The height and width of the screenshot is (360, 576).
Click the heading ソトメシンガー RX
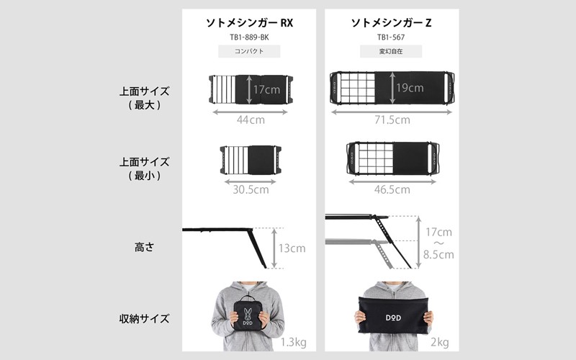pyautogui.click(x=249, y=23)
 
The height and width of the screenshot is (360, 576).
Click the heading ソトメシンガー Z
pyautogui.click(x=391, y=23)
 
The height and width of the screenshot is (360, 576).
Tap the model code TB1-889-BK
pyautogui.click(x=249, y=37)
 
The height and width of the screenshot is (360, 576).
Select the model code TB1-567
pyautogui.click(x=391, y=37)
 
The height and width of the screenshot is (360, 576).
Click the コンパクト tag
pyautogui.click(x=249, y=51)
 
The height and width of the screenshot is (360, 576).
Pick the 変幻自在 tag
pyautogui.click(x=391, y=51)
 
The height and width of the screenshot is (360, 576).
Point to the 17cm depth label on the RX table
pyautogui.click(x=266, y=89)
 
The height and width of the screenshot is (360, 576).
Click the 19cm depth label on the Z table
pyautogui.click(x=410, y=88)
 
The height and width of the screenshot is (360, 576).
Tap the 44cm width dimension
pyautogui.click(x=251, y=120)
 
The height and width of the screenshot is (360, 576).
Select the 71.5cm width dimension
pyautogui.click(x=392, y=120)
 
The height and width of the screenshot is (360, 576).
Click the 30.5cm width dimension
pyautogui.click(x=251, y=189)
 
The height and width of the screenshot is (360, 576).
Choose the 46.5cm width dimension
pyautogui.click(x=392, y=189)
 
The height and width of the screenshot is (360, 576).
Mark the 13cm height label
pyautogui.click(x=292, y=248)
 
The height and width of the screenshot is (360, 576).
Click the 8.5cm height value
pyautogui.click(x=438, y=254)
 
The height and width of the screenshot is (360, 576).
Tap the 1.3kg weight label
pyautogui.click(x=294, y=343)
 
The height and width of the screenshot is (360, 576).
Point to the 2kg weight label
pyautogui.click(x=440, y=343)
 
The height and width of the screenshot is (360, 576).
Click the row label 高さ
pyautogui.click(x=144, y=247)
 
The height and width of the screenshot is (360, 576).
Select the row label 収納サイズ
pyautogui.click(x=144, y=318)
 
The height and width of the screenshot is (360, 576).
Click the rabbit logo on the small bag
pyautogui.click(x=248, y=314)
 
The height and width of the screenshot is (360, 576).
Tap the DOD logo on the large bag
pyautogui.click(x=393, y=318)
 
